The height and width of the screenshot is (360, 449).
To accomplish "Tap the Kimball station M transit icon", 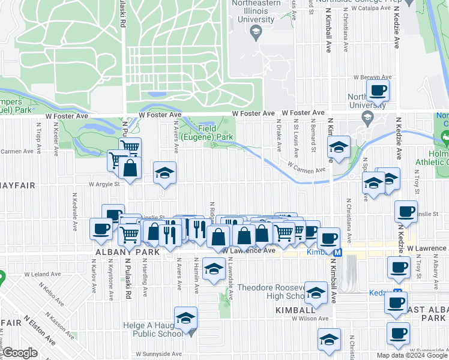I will click(x=338, y=253).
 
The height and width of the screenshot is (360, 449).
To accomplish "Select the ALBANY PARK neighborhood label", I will click(x=118, y=253).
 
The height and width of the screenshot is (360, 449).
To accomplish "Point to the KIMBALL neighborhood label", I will click(x=295, y=310).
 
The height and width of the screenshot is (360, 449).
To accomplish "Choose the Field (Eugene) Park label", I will click(x=215, y=133).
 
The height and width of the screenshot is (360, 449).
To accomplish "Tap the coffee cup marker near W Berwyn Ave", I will click(x=378, y=91).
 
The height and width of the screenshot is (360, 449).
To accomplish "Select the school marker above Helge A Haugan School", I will click(x=185, y=317).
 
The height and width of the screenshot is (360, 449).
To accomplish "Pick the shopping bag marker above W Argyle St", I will click(x=130, y=168).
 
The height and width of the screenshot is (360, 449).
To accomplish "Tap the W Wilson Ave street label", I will click(x=310, y=319).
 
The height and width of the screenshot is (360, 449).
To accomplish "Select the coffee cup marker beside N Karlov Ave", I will click(x=100, y=228).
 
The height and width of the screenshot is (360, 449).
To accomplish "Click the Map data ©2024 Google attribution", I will click(x=412, y=355).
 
